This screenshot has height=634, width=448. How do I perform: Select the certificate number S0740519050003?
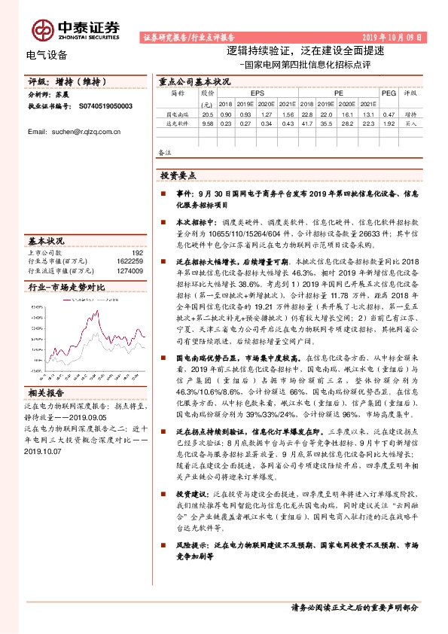pyautogui.click(x=105, y=108)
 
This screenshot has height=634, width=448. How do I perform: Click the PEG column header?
pyautogui.click(x=389, y=93)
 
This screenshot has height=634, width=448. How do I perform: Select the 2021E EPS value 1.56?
pyautogui.click(x=288, y=114)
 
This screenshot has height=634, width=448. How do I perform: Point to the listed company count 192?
pyautogui.click(x=137, y=254)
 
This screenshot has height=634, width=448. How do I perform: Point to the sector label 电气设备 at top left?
pyautogui.click(x=47, y=54)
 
